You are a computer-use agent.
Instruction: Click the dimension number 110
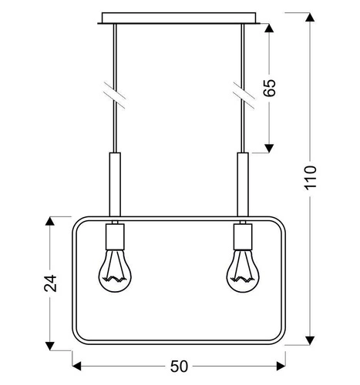point(311,181)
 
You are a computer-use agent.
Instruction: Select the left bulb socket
point(114,233)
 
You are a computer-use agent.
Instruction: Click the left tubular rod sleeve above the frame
point(114,185)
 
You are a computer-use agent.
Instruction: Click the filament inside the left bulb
point(114,274)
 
